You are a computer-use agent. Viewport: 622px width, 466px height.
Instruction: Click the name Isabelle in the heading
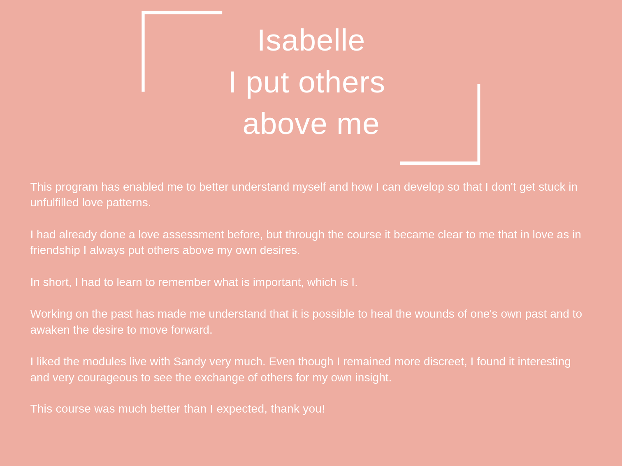point(311,40)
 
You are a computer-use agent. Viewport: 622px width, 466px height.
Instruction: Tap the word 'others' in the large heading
point(341,82)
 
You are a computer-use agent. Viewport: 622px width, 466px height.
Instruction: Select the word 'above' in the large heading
point(285,124)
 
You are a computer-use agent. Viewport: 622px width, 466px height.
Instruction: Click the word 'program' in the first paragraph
point(77,187)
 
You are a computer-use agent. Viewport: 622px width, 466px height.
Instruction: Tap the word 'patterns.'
point(129,203)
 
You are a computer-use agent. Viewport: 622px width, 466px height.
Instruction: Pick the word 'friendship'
point(55,250)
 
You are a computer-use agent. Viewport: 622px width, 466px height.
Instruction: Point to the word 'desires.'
point(280,250)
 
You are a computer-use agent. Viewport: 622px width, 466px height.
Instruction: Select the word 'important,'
point(278,283)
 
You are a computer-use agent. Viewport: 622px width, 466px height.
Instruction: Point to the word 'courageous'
point(108,378)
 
